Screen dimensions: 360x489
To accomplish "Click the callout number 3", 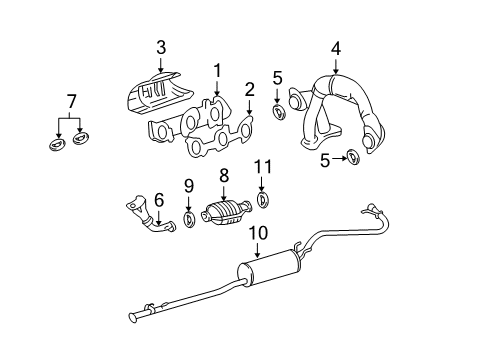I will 160,47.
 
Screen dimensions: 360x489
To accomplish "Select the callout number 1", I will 216,70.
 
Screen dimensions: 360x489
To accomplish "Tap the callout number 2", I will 248,91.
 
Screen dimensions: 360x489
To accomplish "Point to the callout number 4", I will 336,47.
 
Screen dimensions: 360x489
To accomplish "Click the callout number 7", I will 70,101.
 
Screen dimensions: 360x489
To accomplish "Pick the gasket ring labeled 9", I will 189,219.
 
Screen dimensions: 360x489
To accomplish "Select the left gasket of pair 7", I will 56,145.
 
